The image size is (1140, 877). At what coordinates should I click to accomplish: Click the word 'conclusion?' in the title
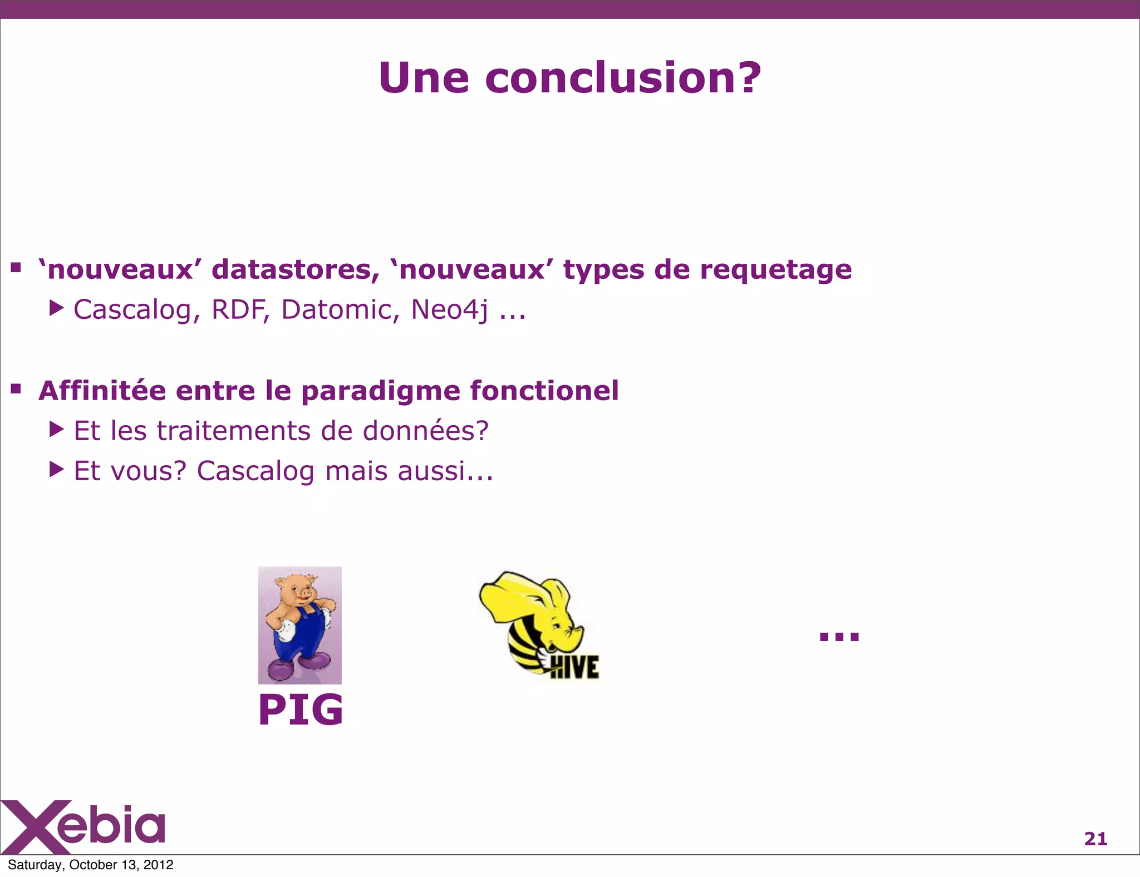(x=622, y=78)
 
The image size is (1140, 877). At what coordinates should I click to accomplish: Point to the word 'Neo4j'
(x=450, y=311)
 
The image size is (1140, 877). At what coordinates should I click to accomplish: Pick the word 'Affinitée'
(x=102, y=390)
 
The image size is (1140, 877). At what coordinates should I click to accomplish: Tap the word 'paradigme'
(x=381, y=391)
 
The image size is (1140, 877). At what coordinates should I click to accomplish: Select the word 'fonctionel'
(x=544, y=390)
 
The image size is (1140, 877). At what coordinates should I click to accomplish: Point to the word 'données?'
(x=425, y=431)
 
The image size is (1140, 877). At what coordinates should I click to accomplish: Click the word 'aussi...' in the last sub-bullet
(x=445, y=471)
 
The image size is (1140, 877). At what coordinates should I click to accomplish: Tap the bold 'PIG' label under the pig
(x=301, y=710)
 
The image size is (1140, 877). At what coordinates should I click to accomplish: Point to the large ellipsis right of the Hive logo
(x=839, y=636)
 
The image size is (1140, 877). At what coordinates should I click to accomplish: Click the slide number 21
(x=1095, y=838)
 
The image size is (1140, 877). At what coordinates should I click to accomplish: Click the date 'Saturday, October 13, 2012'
(x=91, y=865)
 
